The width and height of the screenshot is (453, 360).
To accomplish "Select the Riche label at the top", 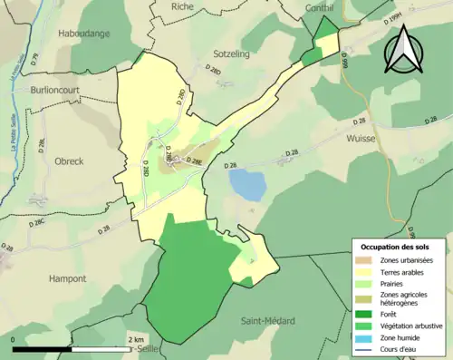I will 182,5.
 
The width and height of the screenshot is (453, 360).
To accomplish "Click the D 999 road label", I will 345,59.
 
